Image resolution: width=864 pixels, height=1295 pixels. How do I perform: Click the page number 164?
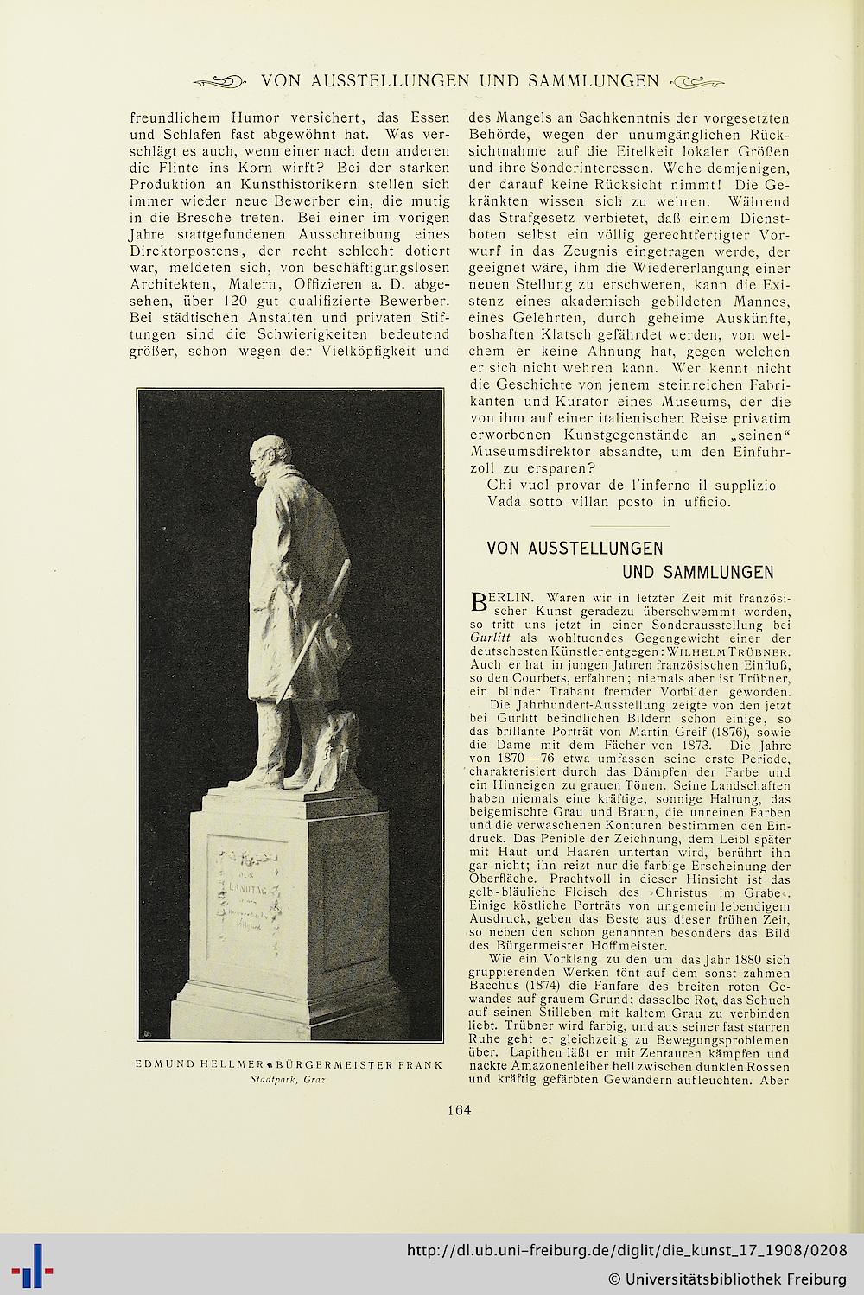tap(459, 1111)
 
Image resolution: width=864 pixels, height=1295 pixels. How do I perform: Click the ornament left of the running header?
tap(219, 82)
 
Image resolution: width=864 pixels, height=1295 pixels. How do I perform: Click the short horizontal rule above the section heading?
tap(628, 526)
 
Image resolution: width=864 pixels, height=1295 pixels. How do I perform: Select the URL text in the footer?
tap(626, 1251)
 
